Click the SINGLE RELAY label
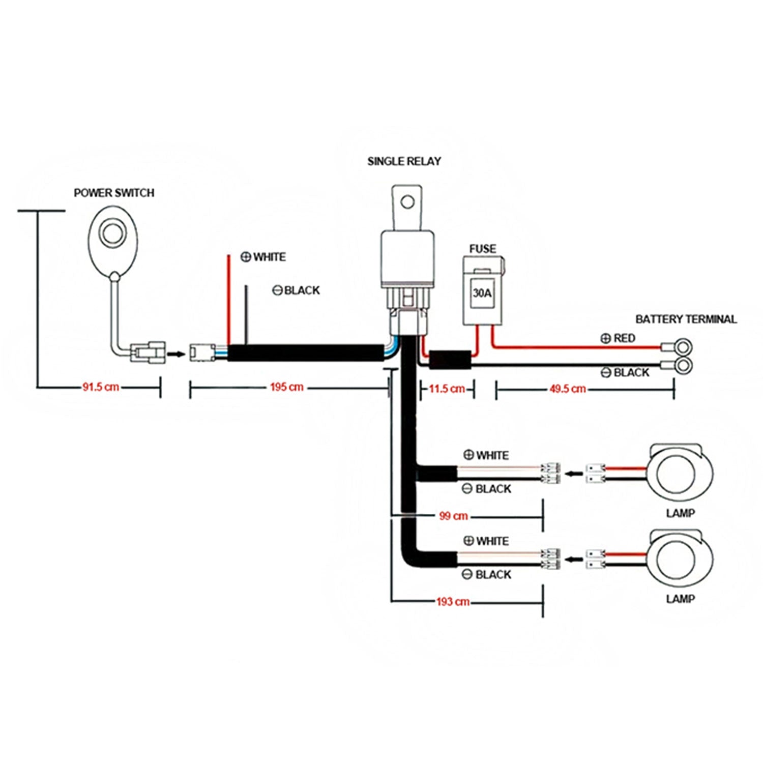[404, 161]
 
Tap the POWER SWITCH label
[114, 193]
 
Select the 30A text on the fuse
[482, 293]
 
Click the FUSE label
[482, 249]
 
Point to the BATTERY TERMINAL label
[686, 319]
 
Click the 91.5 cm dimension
[101, 387]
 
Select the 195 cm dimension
[286, 387]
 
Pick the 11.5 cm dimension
[447, 389]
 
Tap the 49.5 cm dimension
[567, 389]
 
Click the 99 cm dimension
[453, 516]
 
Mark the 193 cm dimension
[453, 602]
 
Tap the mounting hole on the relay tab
[407, 202]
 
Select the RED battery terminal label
[624, 338]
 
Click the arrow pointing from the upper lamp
[574, 474]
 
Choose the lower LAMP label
[680, 599]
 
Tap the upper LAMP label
[680, 513]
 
